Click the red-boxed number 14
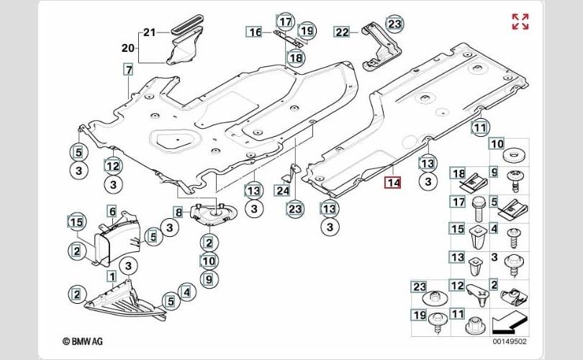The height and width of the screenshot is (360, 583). point(392,183)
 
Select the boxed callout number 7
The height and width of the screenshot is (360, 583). point(128,71)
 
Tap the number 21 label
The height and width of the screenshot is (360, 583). point(149,32)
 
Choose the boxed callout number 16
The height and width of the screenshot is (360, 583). point(255,32)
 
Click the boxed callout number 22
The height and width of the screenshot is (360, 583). point(341,32)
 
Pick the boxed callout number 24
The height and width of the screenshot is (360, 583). point(282,191)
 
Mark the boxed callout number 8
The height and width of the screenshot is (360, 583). point(178,212)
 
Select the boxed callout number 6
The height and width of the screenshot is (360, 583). point(112,211)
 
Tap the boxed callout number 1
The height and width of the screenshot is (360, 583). point(112,276)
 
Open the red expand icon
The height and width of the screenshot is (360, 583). point(520,22)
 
